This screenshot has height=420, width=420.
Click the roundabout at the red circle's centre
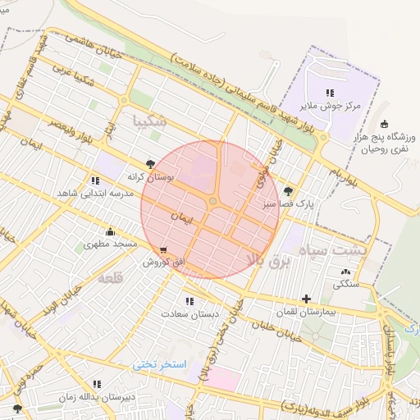click(213, 201)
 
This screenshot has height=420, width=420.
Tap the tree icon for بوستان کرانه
click(149, 164)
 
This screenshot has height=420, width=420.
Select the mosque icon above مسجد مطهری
click(110, 231)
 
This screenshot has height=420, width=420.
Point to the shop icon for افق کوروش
click(164, 250)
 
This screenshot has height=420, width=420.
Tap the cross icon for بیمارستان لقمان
click(307, 299)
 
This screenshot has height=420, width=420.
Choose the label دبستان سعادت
click(186, 314)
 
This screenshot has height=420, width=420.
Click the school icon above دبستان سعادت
click(189, 301)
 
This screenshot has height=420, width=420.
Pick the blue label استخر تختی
click(161, 363)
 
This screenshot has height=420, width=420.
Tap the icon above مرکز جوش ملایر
click(330, 94)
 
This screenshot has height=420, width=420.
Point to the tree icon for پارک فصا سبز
click(286, 189)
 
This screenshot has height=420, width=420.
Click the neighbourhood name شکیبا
click(149, 121)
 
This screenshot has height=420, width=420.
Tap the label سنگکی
click(345, 285)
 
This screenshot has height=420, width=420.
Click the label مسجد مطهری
click(113, 245)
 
